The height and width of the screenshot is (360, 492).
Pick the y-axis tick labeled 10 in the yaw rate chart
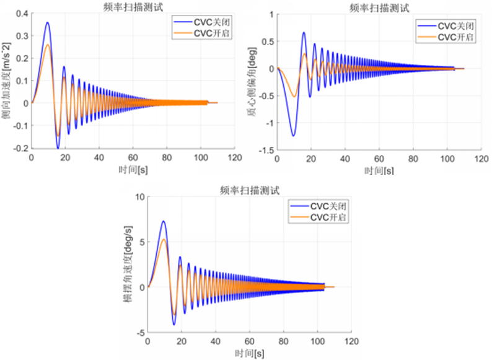click(x=138, y=197)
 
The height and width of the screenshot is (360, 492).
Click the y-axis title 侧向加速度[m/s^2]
click(x=8, y=81)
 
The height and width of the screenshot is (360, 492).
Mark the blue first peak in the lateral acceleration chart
click(x=47, y=23)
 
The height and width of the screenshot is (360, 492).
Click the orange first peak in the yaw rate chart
click(x=164, y=239)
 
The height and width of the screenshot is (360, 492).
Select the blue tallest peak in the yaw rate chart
click(x=163, y=221)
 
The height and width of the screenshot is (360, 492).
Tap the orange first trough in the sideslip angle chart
click(x=294, y=96)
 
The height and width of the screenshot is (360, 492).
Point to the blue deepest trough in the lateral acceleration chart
click(x=58, y=148)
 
